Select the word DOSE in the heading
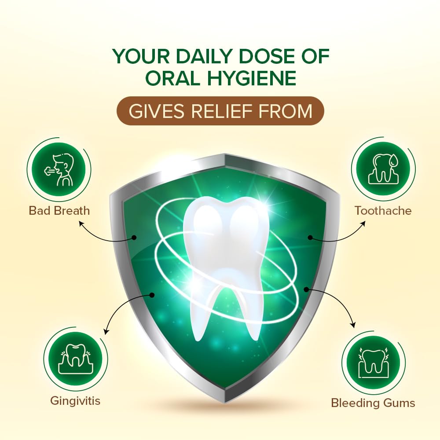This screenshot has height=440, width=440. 269,57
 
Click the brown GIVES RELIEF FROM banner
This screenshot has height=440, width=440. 220,111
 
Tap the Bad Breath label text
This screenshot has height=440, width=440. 59,210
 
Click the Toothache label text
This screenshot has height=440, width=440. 383,210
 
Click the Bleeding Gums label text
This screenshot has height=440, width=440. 373,403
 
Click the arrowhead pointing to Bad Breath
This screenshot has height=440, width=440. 81,223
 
